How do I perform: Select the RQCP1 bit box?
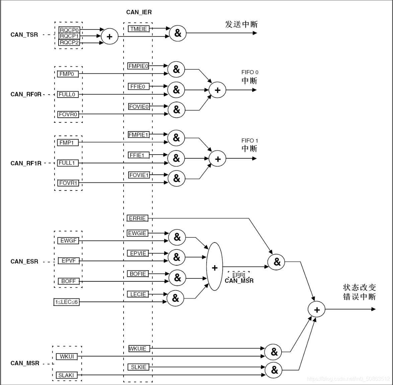tap(69, 36)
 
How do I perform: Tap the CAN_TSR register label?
tap(24, 35)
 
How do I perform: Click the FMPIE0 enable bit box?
tap(138, 66)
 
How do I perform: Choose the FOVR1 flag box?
tap(68, 183)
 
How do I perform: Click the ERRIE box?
tap(137, 218)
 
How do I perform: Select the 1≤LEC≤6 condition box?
tap(66, 302)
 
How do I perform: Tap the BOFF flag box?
tap(68, 281)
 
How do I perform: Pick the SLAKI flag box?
tap(66, 375)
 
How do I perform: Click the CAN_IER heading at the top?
tap(139, 12)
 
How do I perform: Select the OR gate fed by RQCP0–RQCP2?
tap(109, 37)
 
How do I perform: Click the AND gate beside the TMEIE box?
tap(178, 33)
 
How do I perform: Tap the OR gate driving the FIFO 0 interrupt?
tap(218, 90)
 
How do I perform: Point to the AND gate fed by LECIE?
tap(175, 297)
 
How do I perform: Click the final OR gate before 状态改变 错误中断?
tap(317, 310)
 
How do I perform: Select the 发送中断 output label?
tap(241, 24)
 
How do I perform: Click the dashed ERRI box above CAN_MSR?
tap(238, 275)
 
